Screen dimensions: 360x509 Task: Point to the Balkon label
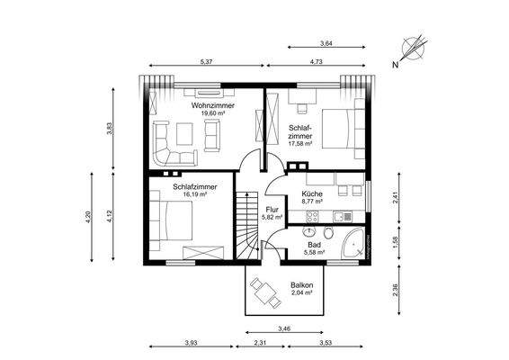(300, 285)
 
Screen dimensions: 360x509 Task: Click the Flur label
(272, 209)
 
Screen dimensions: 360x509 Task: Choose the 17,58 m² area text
(299, 143)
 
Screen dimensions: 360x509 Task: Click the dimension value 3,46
(285, 328)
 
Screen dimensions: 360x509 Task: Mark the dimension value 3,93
(190, 343)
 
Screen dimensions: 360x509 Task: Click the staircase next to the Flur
(246, 222)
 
